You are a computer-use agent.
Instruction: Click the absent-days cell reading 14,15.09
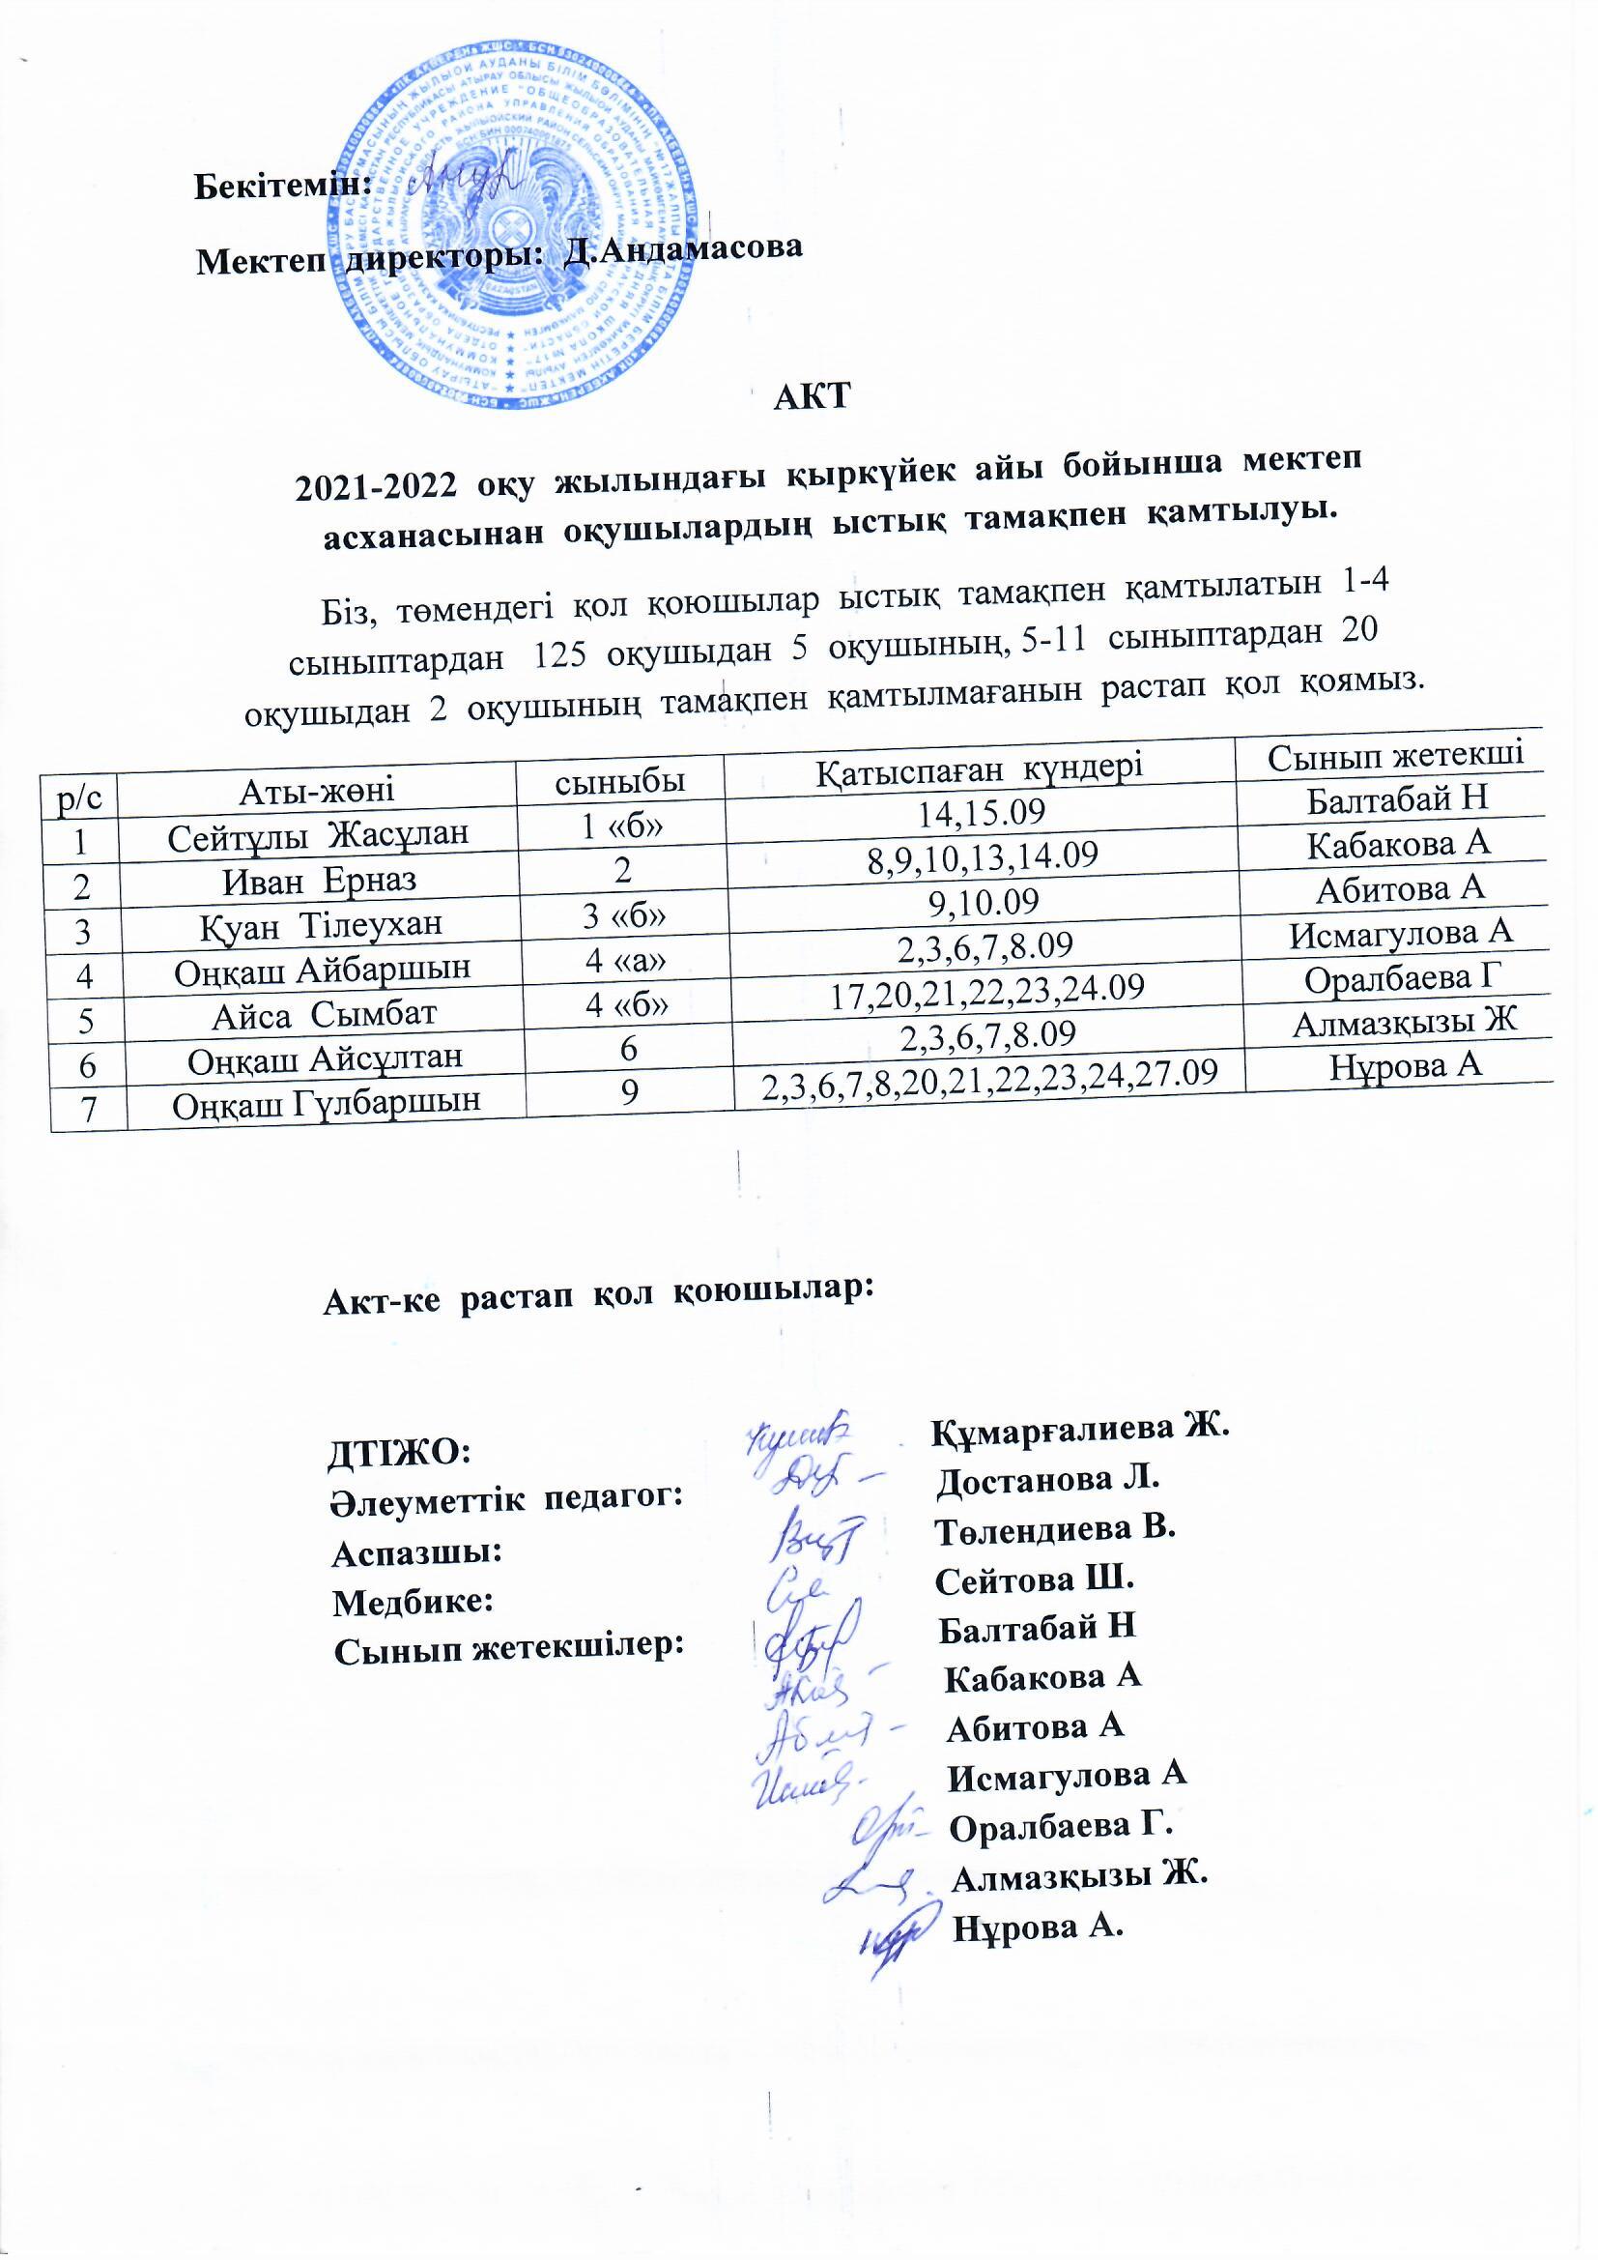pyautogui.click(x=980, y=811)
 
